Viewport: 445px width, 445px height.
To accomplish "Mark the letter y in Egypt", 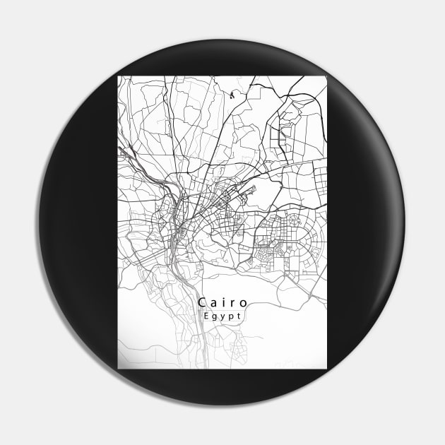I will (x=222, y=319).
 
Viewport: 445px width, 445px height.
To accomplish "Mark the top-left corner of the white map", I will (x=118, y=76).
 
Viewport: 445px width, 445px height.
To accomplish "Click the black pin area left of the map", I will (x=78, y=222).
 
